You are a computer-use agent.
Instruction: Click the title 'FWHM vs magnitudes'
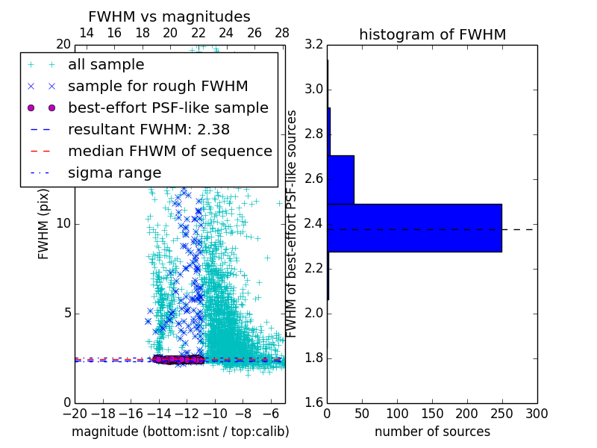[x=169, y=16]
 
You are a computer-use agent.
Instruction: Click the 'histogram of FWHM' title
[x=432, y=34]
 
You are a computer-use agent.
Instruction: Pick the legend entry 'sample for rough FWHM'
[x=157, y=87]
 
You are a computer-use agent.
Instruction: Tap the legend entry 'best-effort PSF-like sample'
[x=168, y=108]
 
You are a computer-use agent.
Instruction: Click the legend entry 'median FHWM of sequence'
[x=169, y=152]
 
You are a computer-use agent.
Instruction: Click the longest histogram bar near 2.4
[x=414, y=228]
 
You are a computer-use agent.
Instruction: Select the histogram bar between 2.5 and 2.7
[x=340, y=179]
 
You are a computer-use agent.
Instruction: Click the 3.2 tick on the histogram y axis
[x=314, y=45]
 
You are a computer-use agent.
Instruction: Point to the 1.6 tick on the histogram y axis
[x=314, y=403]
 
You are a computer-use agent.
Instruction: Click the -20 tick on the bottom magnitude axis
[x=75, y=413]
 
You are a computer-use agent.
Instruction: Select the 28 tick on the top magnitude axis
[x=282, y=33]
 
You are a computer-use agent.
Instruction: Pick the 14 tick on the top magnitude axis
[x=86, y=33]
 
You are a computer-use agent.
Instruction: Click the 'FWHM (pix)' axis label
[x=44, y=224]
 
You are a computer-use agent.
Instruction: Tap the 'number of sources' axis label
[x=432, y=432]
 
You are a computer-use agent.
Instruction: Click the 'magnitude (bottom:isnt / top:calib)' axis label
[x=180, y=432]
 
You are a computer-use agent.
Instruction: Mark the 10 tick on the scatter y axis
[x=63, y=224]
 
